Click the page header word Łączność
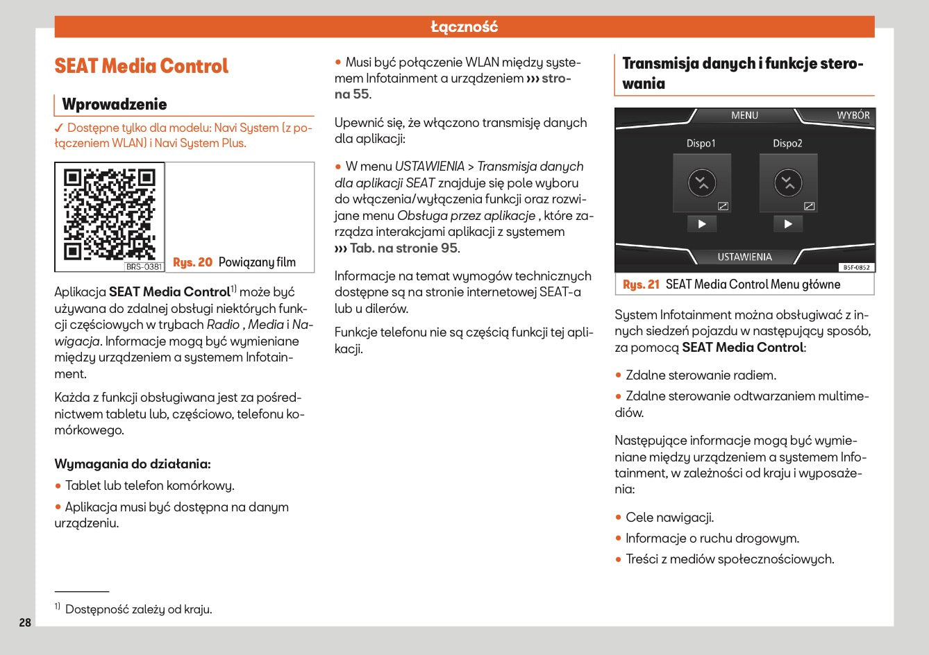[464, 27]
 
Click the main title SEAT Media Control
[141, 67]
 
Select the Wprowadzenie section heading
[115, 104]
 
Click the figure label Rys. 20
[192, 262]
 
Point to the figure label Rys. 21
[641, 284]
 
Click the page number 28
[25, 622]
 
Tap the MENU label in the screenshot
[744, 115]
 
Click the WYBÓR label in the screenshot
[853, 115]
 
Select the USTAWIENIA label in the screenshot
[744, 257]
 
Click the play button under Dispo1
[702, 224]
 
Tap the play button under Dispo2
[788, 224]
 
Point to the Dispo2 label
[787, 144]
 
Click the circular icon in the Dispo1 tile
[702, 183]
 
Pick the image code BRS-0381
[144, 266]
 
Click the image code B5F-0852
[857, 267]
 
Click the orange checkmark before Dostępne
[59, 128]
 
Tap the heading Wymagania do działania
[132, 464]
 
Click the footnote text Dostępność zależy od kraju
[138, 609]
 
